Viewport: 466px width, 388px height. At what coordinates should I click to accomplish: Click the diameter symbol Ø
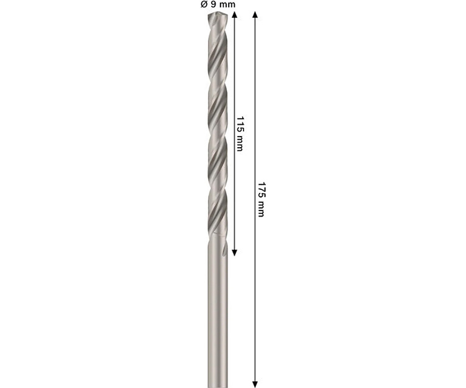pos(204,4)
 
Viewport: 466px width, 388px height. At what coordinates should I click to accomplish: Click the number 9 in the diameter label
pos(212,4)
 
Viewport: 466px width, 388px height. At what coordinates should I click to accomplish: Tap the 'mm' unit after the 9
pos(226,5)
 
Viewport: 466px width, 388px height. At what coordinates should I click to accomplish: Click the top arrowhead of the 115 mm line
pos(234,15)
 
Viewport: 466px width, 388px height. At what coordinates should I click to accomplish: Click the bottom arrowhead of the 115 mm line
pos(234,253)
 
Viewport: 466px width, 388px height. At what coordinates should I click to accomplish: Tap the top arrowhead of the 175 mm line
pos(255,15)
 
